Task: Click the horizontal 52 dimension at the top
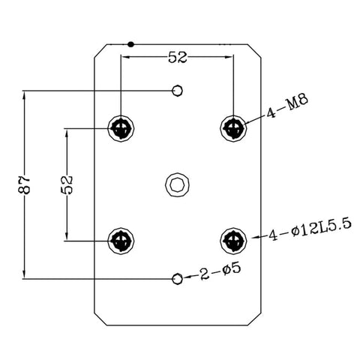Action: pyautogui.click(x=177, y=58)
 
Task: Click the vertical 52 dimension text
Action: pyautogui.click(x=67, y=184)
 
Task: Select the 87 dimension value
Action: pyautogui.click(x=24, y=184)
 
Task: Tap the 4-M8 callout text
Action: pyautogui.click(x=286, y=106)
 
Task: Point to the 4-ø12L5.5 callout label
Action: pyautogui.click(x=310, y=229)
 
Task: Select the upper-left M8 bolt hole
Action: pyautogui.click(x=121, y=128)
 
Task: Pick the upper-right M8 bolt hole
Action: pyautogui.click(x=233, y=128)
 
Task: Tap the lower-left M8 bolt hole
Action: pyautogui.click(x=121, y=241)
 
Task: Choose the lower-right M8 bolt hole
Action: pyautogui.click(x=233, y=241)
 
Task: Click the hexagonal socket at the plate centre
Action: pyautogui.click(x=177, y=184)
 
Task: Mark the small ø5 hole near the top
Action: pyautogui.click(x=177, y=91)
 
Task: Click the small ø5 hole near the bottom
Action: pyautogui.click(x=177, y=278)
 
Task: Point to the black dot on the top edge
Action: pyautogui.click(x=130, y=44)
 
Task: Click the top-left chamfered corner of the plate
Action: pyautogui.click(x=100, y=51)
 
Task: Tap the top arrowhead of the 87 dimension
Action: pyautogui.click(x=24, y=96)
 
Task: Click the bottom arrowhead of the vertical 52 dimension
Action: pyautogui.click(x=67, y=235)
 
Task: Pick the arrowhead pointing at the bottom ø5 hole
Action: pyautogui.click(x=187, y=277)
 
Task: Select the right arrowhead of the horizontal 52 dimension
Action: pyautogui.click(x=228, y=57)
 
